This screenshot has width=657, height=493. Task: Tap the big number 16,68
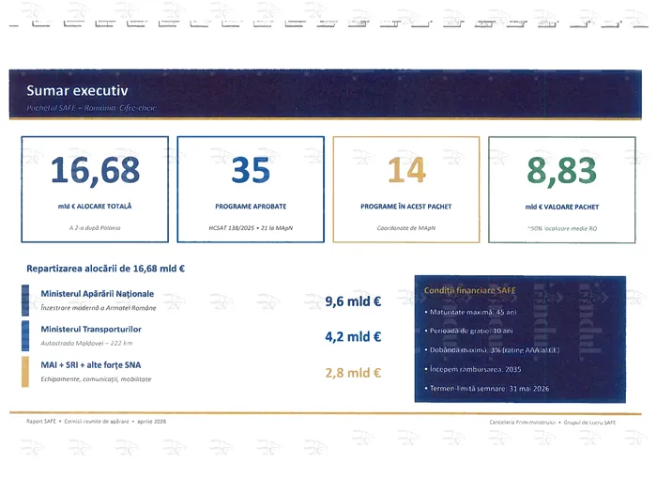95,171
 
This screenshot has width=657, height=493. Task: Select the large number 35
250,171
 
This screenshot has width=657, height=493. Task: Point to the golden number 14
405,171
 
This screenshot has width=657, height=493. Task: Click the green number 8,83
561,171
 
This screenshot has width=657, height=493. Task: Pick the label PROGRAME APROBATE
250,206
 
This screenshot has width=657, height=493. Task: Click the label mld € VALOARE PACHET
561,206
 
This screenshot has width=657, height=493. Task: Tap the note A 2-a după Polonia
95,228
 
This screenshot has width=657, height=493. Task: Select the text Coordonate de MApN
405,228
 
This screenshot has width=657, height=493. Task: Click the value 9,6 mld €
353,302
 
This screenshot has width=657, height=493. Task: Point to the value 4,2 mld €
353,337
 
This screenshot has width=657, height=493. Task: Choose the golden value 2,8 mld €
353,373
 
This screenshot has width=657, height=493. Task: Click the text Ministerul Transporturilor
91,330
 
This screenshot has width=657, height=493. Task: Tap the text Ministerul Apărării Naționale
98,294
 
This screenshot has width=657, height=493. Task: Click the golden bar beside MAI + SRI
24,371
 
